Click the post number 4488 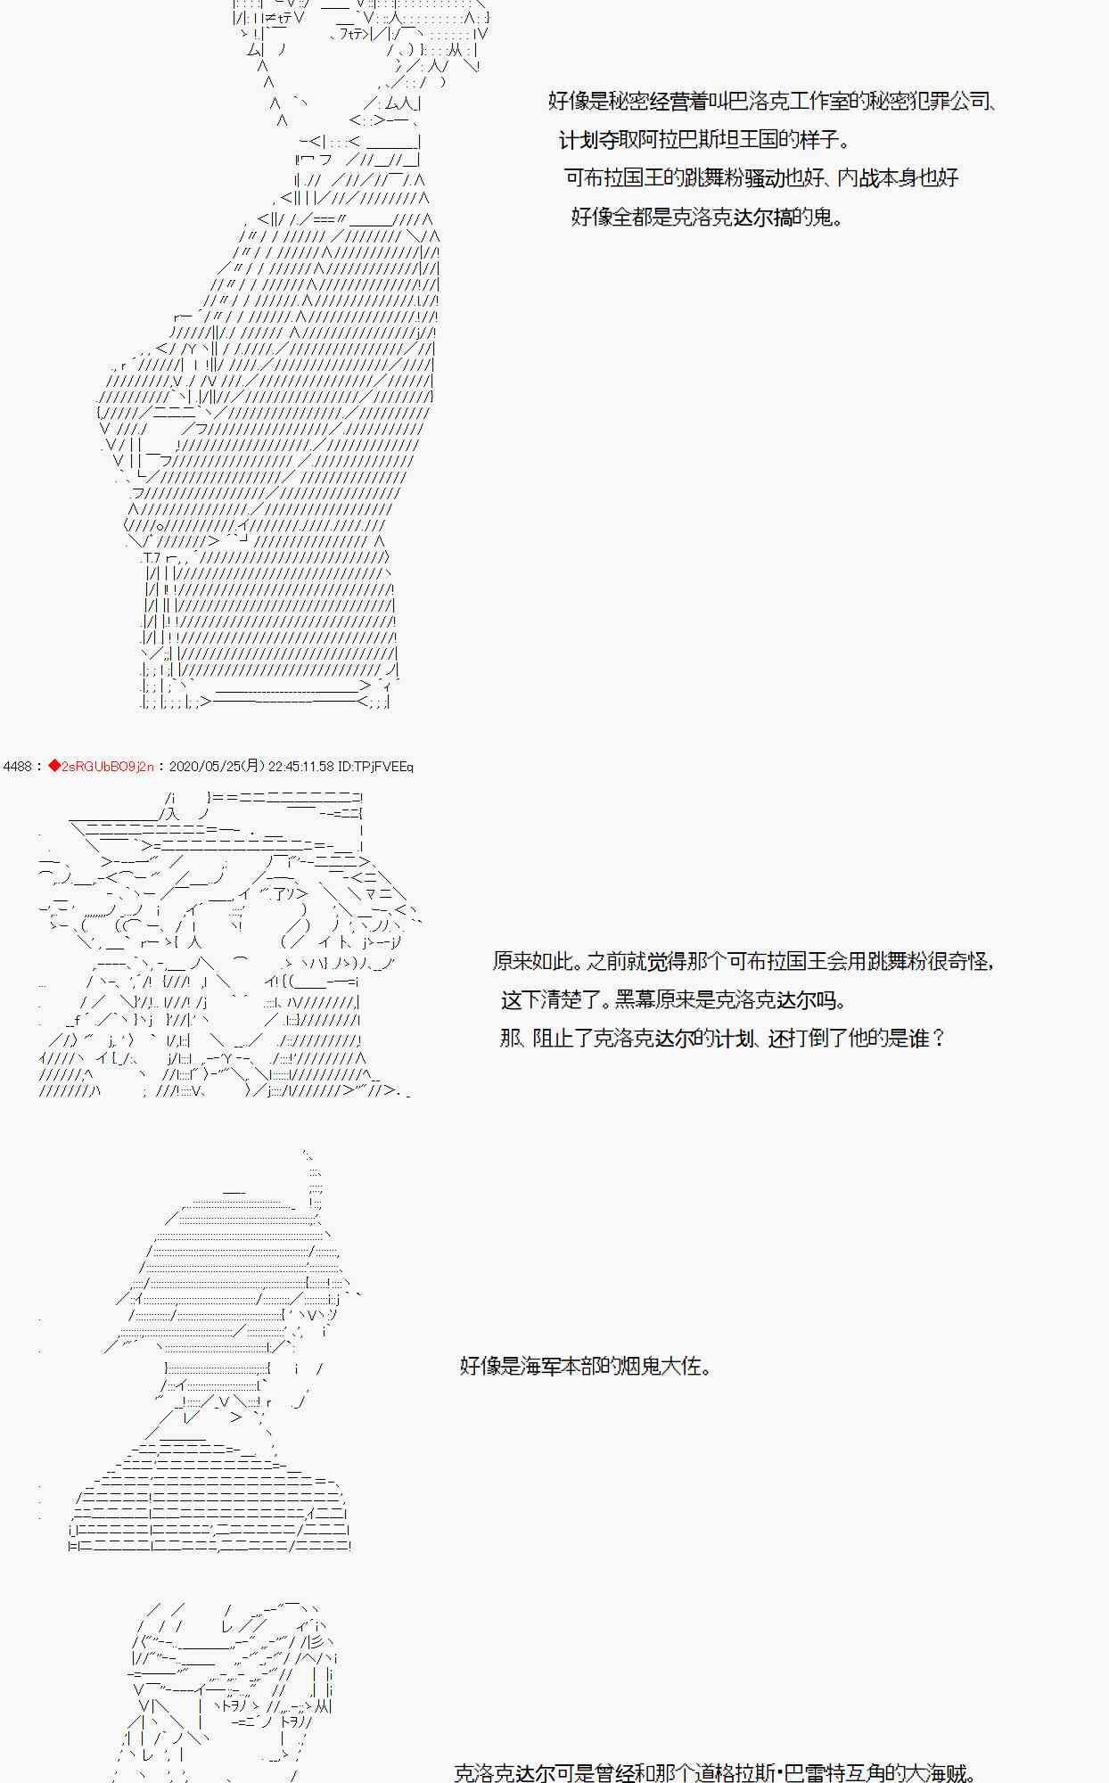click(x=18, y=767)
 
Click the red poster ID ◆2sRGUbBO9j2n click(x=101, y=767)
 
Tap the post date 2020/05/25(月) click(x=216, y=767)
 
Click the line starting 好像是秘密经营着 click(x=771, y=101)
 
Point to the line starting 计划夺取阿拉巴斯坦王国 click(x=704, y=140)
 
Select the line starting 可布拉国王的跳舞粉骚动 click(x=761, y=178)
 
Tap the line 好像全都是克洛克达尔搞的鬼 click(x=706, y=217)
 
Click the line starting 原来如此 click(x=743, y=961)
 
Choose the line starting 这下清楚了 click(x=673, y=1000)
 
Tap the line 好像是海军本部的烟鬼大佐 click(x=586, y=1366)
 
